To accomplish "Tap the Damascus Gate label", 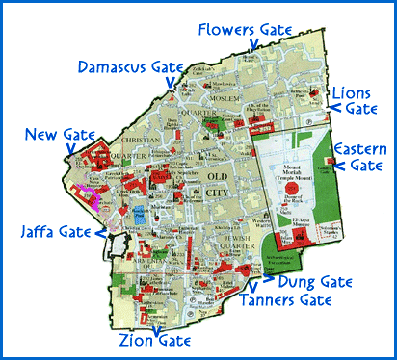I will point(129,65).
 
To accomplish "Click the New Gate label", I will point(54,134).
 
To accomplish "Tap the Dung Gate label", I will point(310,283).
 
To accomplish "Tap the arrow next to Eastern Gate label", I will point(330,156).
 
